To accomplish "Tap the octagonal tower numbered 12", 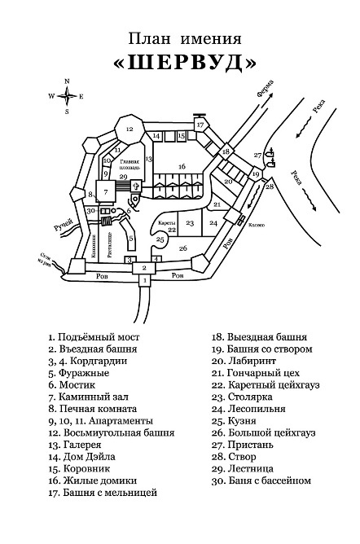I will click(129, 127).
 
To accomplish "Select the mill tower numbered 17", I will click(200, 125).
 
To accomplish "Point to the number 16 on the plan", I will click(182, 166).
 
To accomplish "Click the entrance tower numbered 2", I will click(144, 267).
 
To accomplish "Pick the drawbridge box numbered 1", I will click(144, 281).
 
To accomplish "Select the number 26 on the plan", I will click(183, 248).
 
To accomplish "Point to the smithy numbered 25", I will click(160, 239).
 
